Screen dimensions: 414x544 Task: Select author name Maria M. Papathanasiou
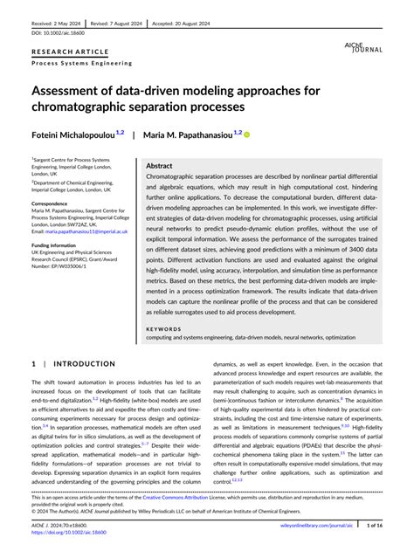[191, 134]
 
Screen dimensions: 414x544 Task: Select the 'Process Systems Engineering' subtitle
[82, 63]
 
